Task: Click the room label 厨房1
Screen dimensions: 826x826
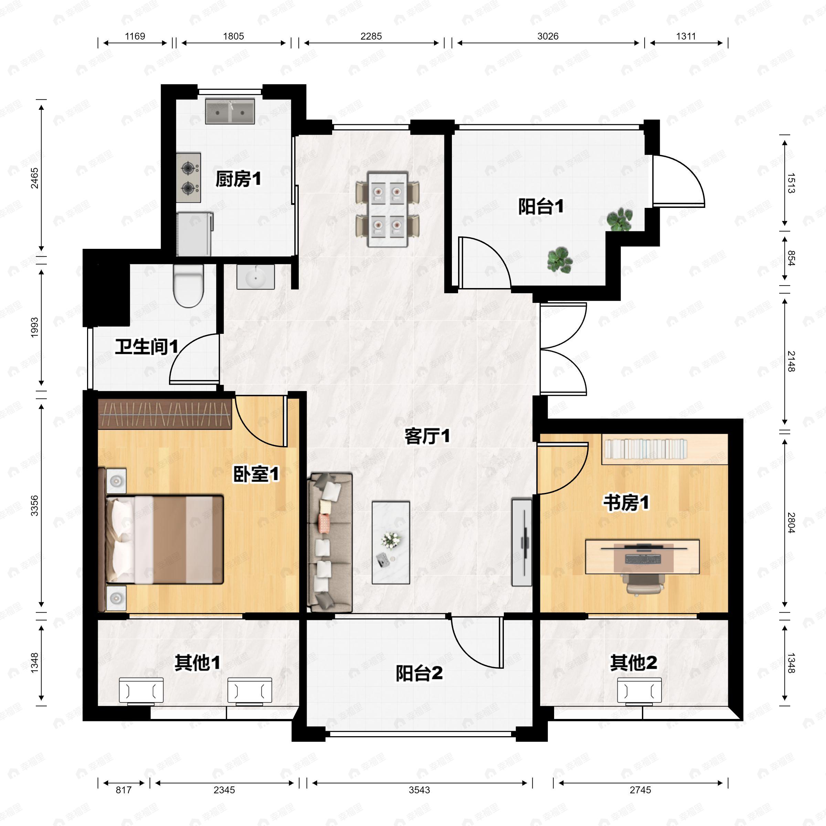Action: pyautogui.click(x=238, y=179)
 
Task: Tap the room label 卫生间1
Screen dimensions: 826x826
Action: pyautogui.click(x=146, y=346)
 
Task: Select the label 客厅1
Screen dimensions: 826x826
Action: pyautogui.click(x=427, y=436)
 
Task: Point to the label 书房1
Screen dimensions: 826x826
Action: pyautogui.click(x=626, y=502)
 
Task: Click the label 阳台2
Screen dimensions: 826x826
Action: pyautogui.click(x=419, y=673)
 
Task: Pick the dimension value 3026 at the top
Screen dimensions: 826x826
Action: pyautogui.click(x=548, y=36)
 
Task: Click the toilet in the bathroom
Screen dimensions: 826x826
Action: pyautogui.click(x=188, y=286)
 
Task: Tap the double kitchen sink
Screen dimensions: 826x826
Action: pyautogui.click(x=230, y=112)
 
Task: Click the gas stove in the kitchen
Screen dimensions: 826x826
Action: pyautogui.click(x=189, y=178)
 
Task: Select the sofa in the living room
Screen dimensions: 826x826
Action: pyautogui.click(x=330, y=542)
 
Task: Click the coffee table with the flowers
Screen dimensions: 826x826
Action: pyautogui.click(x=391, y=542)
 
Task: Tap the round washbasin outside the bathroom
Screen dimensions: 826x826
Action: pyautogui.click(x=256, y=277)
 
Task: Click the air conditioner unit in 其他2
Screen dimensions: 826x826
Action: pyautogui.click(x=639, y=690)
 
